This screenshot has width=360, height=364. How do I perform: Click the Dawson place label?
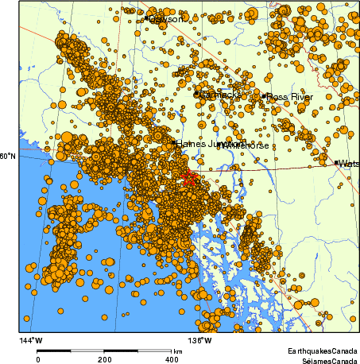pyautogui.click(x=168, y=18)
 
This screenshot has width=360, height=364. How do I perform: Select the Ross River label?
pyautogui.click(x=290, y=97)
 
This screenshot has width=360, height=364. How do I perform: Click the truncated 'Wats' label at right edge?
pyautogui.click(x=349, y=164)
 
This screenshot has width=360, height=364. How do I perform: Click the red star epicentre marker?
pyautogui.click(x=189, y=178)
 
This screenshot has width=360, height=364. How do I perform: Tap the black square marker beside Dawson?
pyautogui.click(x=147, y=17)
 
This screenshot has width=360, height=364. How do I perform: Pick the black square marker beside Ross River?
pyautogui.click(x=264, y=96)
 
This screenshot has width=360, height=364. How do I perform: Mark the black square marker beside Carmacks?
pyautogui.click(x=196, y=94)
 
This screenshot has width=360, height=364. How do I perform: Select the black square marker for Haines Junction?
pyautogui.click(x=174, y=143)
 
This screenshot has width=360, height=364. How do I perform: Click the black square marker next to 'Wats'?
pyautogui.click(x=336, y=162)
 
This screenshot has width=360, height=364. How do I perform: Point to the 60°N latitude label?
pyautogui.click(x=8, y=156)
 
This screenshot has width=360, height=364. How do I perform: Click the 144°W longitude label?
pyautogui.click(x=31, y=341)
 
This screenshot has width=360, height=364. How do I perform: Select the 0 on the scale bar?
pyautogui.click(x=38, y=359)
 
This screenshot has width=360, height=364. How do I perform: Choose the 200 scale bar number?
pyautogui.click(x=105, y=359)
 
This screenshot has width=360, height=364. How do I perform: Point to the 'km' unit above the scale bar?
pyautogui.click(x=177, y=350)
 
